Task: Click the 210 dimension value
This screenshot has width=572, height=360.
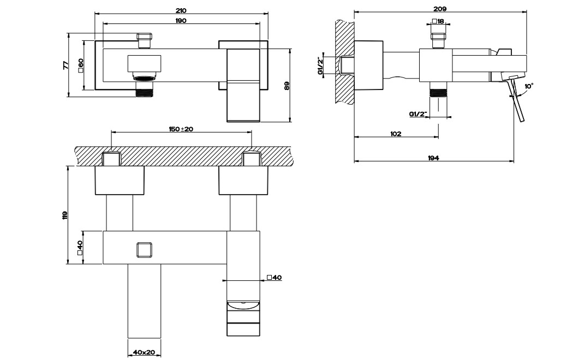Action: tap(181, 10)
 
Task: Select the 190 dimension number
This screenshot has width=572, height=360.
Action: tap(181, 21)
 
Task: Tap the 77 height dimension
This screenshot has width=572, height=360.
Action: tap(66, 65)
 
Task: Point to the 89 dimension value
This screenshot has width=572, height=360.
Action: tap(287, 86)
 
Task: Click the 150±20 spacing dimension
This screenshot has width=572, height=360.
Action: tap(181, 129)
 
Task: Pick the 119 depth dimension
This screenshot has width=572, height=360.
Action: tap(65, 215)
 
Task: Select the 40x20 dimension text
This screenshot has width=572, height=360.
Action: tap(144, 353)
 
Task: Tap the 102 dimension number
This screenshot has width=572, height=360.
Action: tap(396, 134)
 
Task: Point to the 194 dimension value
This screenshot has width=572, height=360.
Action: tap(433, 158)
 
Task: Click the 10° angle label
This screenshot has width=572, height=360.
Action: tap(528, 86)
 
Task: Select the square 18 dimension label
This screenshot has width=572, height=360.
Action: tap(438, 21)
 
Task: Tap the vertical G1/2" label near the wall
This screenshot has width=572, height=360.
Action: tap(320, 66)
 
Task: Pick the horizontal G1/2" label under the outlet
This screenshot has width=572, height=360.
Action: tap(418, 114)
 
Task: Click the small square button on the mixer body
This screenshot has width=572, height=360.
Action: tap(145, 250)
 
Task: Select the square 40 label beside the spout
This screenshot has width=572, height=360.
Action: tap(275, 278)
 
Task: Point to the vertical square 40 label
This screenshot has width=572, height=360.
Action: tap(80, 248)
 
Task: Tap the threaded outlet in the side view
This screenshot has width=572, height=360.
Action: tap(438, 89)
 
